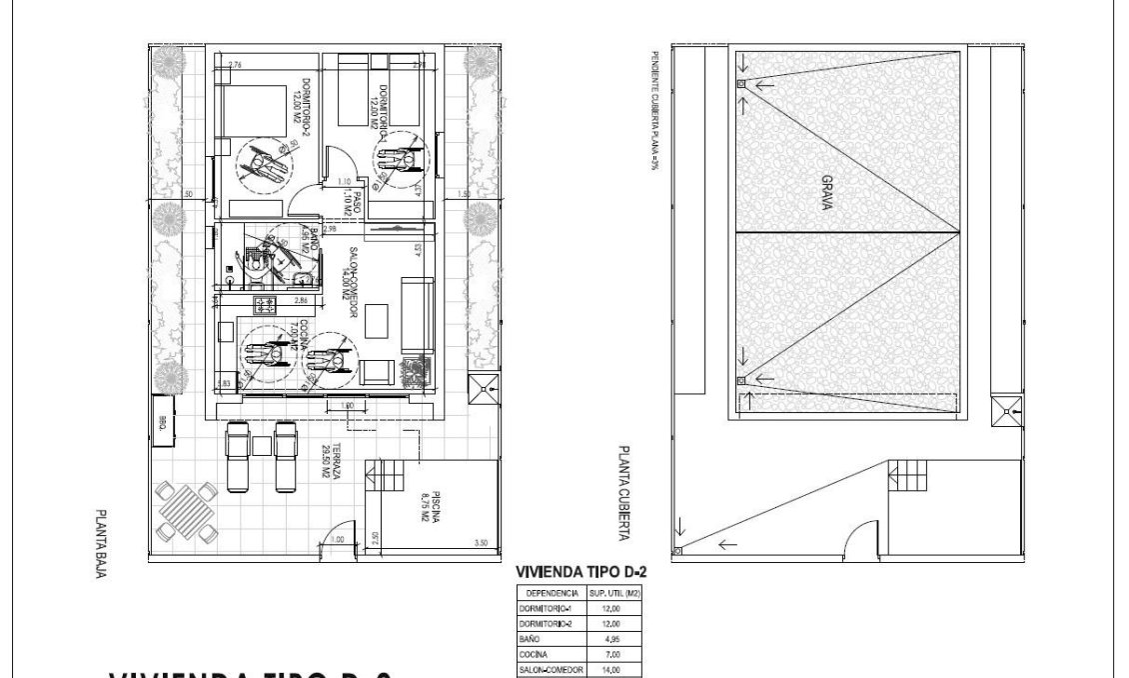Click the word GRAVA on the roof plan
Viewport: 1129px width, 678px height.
(827, 191)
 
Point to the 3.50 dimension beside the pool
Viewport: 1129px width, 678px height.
(482, 543)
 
